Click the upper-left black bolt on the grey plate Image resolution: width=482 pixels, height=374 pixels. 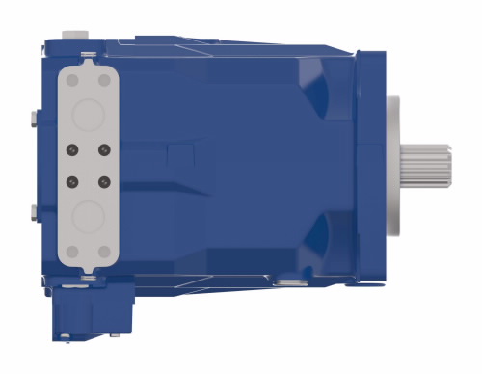71,148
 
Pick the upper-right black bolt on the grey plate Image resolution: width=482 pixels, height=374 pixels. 103,148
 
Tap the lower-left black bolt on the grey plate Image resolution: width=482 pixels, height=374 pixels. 71,179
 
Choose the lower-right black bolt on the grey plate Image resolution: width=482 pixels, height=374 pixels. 103,179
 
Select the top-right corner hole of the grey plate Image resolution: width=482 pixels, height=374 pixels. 105,76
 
